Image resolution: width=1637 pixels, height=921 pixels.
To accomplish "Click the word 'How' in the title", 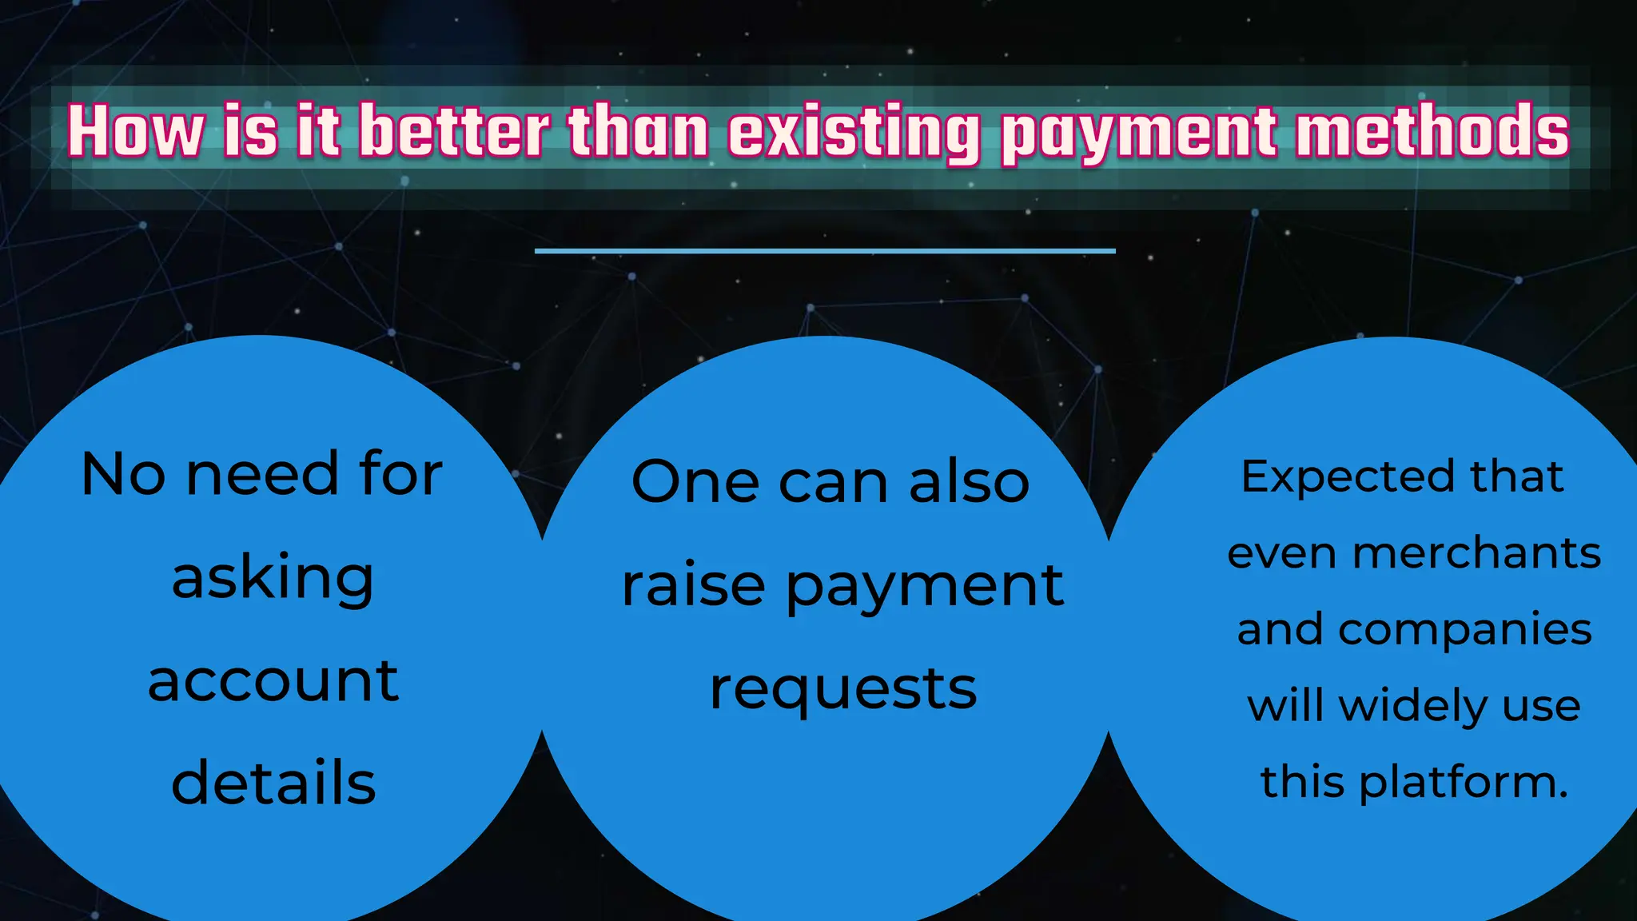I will (136, 131).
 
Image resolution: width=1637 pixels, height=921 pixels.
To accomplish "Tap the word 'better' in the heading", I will (454, 131).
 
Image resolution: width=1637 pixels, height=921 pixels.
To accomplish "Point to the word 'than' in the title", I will (638, 131).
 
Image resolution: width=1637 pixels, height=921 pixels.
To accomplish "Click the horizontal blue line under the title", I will (825, 251).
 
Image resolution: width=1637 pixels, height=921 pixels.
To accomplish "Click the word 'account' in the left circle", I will (273, 681).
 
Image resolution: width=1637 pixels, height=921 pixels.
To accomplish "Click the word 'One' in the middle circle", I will (695, 482).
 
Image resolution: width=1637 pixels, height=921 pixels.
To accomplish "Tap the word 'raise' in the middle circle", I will (694, 585).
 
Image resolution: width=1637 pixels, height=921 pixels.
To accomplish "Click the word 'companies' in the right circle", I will (1464, 630).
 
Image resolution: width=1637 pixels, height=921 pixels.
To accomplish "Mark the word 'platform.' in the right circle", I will (1464, 783).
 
